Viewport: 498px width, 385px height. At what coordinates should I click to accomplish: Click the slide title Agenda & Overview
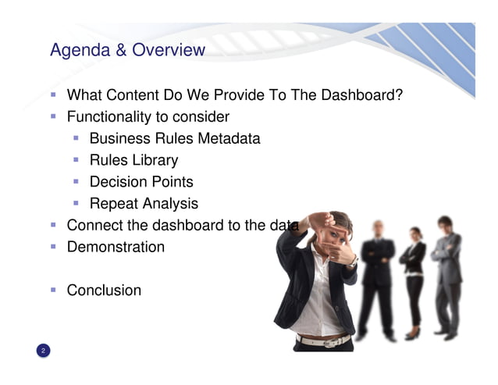127,51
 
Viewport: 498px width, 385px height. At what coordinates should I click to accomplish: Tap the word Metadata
229,139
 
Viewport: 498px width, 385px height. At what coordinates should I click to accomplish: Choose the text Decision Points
141,182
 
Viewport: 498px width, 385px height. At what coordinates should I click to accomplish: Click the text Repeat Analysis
144,204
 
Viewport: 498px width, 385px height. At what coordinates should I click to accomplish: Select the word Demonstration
116,248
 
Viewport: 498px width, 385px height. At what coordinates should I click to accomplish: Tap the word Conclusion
104,291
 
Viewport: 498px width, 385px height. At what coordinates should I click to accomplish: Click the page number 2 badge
44,351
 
